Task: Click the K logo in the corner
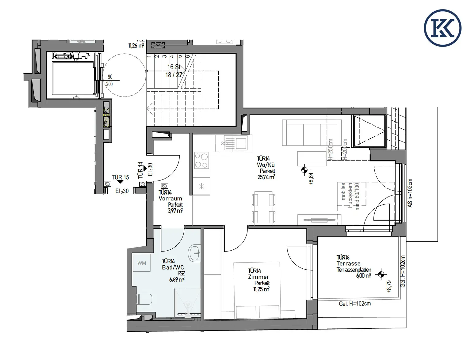442,28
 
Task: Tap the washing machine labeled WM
141,263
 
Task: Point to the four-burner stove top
201,161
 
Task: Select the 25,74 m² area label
266,177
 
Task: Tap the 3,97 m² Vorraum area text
175,211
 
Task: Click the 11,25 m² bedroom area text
261,289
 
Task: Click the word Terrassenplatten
354,270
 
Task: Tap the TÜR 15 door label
120,177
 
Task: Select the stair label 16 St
174,67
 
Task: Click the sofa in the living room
311,133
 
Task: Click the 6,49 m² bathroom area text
177,279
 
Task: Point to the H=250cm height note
330,150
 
